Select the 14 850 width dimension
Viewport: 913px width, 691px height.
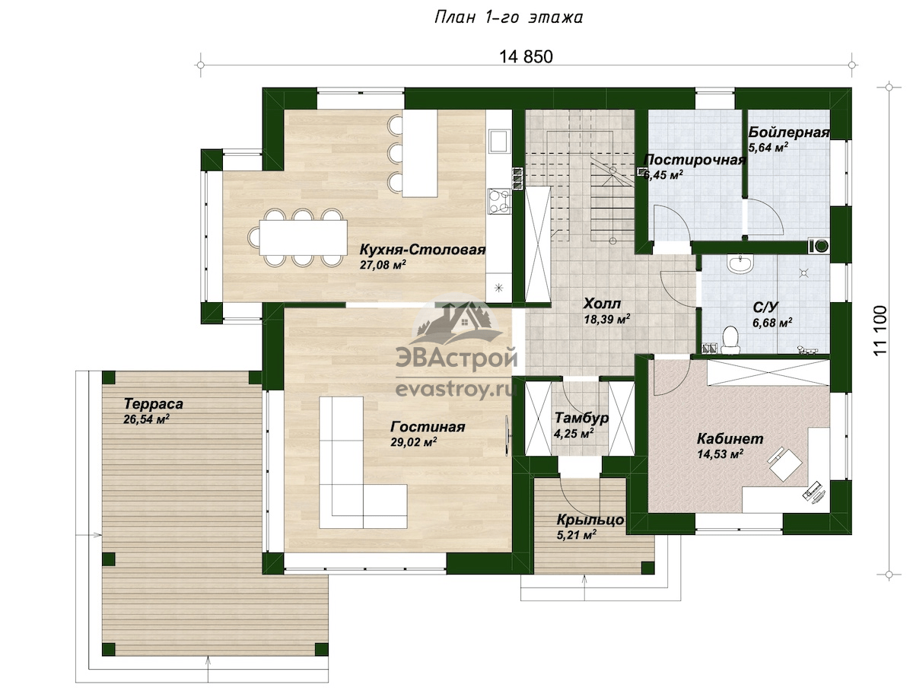tap(526, 56)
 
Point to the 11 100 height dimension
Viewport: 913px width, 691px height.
tap(880, 331)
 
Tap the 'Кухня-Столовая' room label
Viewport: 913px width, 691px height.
tap(422, 250)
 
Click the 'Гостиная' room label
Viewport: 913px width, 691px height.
tap(428, 427)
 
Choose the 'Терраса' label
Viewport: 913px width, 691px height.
tap(154, 403)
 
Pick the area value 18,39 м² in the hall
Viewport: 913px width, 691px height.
tap(606, 320)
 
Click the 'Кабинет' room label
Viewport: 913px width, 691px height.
tap(730, 439)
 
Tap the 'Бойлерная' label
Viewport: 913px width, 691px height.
tap(789, 132)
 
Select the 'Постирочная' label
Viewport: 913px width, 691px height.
tap(695, 160)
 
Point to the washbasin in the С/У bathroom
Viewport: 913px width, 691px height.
tap(740, 263)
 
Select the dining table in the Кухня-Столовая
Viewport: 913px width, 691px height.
tap(304, 237)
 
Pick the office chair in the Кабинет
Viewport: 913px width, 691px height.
tap(784, 464)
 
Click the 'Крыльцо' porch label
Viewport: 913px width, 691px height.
tap(590, 520)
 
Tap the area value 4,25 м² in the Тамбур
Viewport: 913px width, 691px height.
tap(573, 434)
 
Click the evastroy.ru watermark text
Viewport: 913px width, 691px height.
tap(456, 390)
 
